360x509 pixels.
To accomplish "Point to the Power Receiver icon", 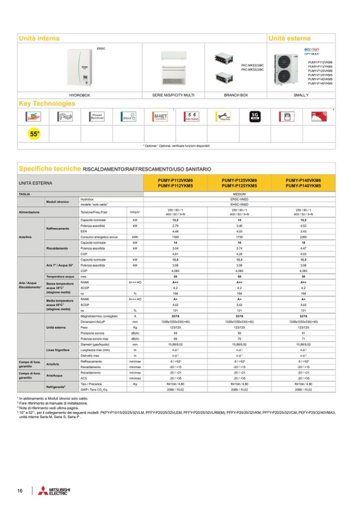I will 97,117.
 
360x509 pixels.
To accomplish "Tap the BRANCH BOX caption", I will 236,94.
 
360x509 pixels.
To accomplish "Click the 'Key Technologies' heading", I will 47,103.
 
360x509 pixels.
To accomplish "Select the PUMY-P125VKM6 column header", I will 239,183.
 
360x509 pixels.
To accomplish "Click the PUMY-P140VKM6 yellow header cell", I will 303,183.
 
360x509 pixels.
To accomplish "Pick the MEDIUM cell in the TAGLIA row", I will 239,195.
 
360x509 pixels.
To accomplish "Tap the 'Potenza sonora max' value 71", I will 303,338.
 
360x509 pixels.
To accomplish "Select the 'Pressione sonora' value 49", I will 175,332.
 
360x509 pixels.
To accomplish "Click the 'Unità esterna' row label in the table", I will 55,327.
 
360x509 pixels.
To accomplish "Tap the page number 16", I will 20,489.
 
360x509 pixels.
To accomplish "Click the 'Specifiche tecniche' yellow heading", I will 49,168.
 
